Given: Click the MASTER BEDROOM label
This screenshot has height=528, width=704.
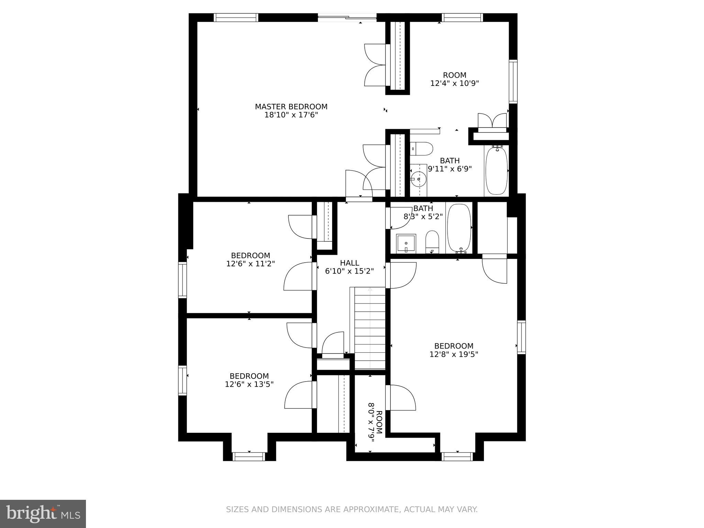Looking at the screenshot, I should tap(291, 107).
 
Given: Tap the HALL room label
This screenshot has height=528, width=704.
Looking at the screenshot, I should tap(350, 263).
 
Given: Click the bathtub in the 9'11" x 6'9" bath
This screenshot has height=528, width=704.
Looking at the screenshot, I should tap(496, 170).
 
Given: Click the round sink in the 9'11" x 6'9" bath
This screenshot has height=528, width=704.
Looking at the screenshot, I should tap(418, 179).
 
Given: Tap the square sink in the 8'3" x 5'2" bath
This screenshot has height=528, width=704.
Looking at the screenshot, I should tap(406, 243).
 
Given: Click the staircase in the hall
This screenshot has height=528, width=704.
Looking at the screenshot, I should tap(370, 328).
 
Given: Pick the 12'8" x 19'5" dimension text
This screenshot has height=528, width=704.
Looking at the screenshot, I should tap(454, 354).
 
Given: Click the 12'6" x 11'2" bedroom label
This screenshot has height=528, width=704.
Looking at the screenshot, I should tap(250, 256).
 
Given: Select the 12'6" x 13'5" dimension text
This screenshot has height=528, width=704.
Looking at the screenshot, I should tap(249, 384).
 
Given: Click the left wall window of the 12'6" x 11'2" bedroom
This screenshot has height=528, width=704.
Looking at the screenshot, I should tap(182, 279).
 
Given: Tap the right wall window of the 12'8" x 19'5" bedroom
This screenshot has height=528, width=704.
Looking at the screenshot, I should tap(521, 337).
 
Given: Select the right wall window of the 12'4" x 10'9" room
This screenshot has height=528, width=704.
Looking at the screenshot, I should tap(513, 81).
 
